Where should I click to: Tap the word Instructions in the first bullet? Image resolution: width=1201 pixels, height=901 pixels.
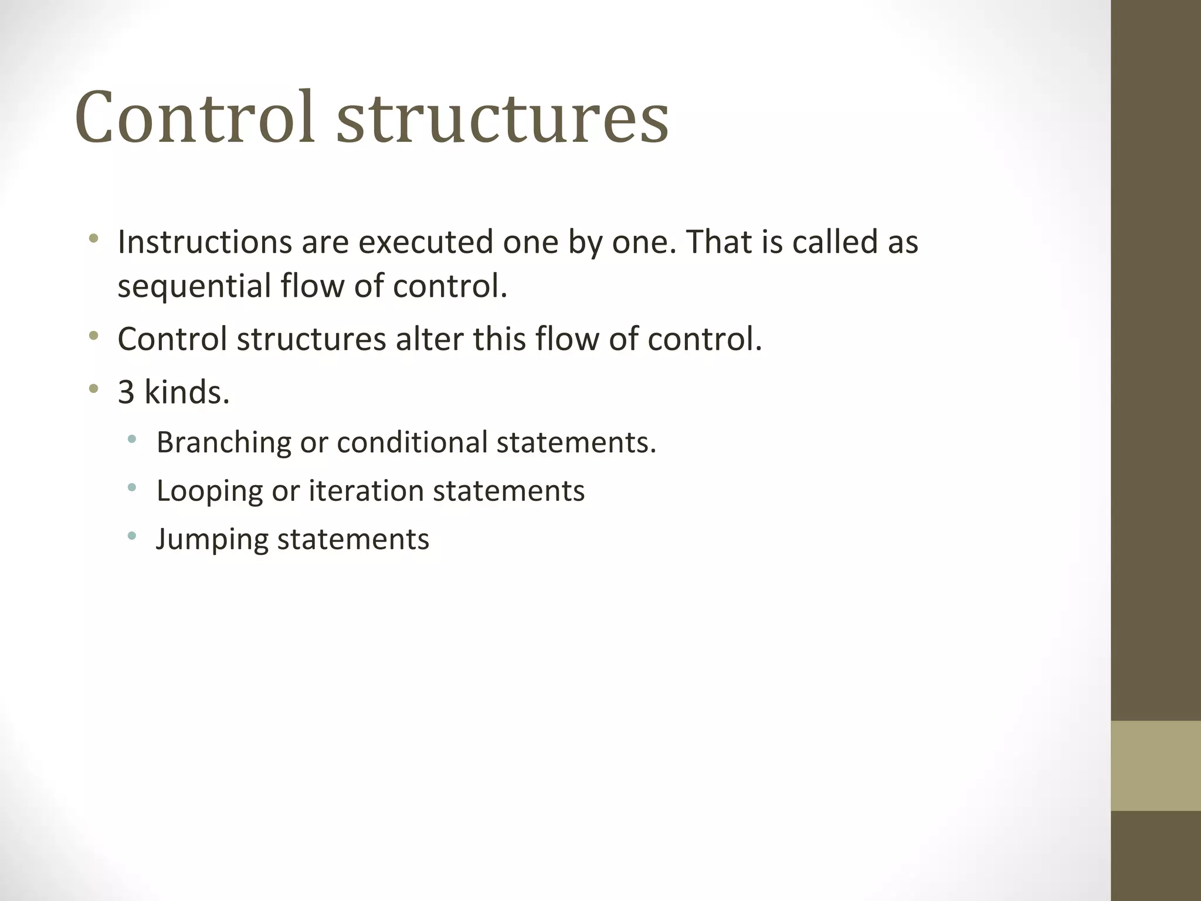205,242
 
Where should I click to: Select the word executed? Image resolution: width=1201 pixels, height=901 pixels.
426,242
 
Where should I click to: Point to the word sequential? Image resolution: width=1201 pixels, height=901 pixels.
194,287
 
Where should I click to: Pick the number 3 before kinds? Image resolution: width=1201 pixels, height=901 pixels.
126,392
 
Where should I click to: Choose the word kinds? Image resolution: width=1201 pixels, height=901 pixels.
186,392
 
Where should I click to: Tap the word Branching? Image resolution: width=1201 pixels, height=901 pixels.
223,443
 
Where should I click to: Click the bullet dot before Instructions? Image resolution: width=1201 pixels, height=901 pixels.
93,239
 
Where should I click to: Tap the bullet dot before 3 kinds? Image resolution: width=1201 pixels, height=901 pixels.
93,388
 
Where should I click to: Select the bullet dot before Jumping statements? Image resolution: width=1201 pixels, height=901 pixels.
132,535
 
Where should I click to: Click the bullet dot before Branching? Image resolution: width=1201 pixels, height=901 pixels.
132,438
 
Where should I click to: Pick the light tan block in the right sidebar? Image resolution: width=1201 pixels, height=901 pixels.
1155,765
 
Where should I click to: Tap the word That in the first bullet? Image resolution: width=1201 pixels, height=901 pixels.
719,242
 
